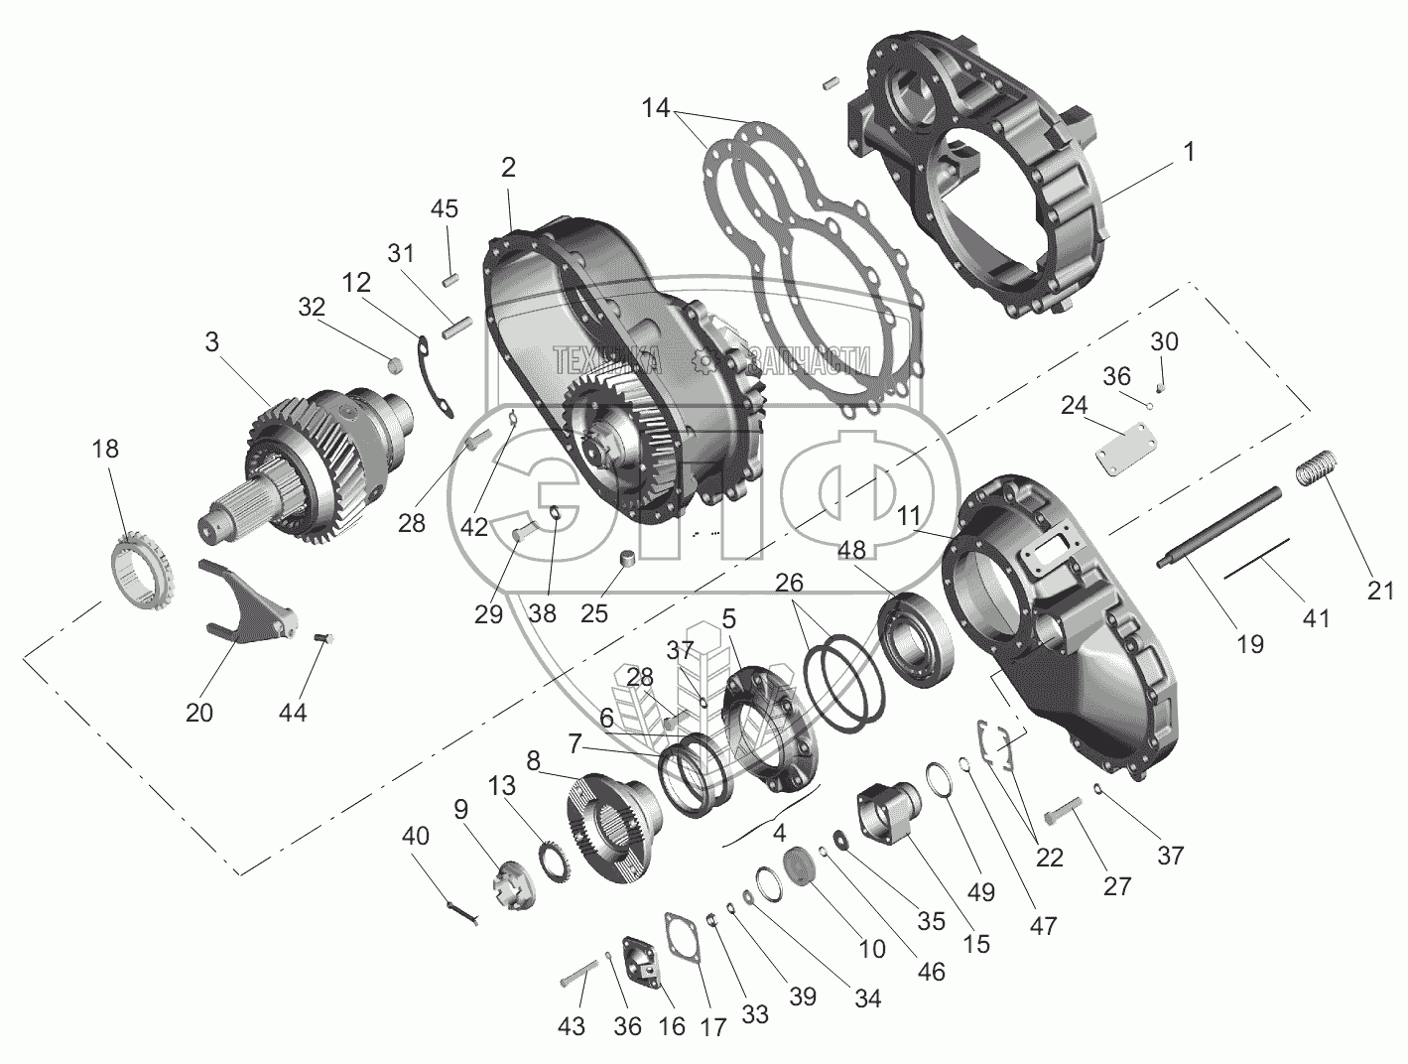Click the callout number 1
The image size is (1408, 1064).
pos(1188,151)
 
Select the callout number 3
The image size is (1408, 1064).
pos(213,344)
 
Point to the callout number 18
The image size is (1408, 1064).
pos(106,449)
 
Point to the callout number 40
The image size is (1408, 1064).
pos(416,837)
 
